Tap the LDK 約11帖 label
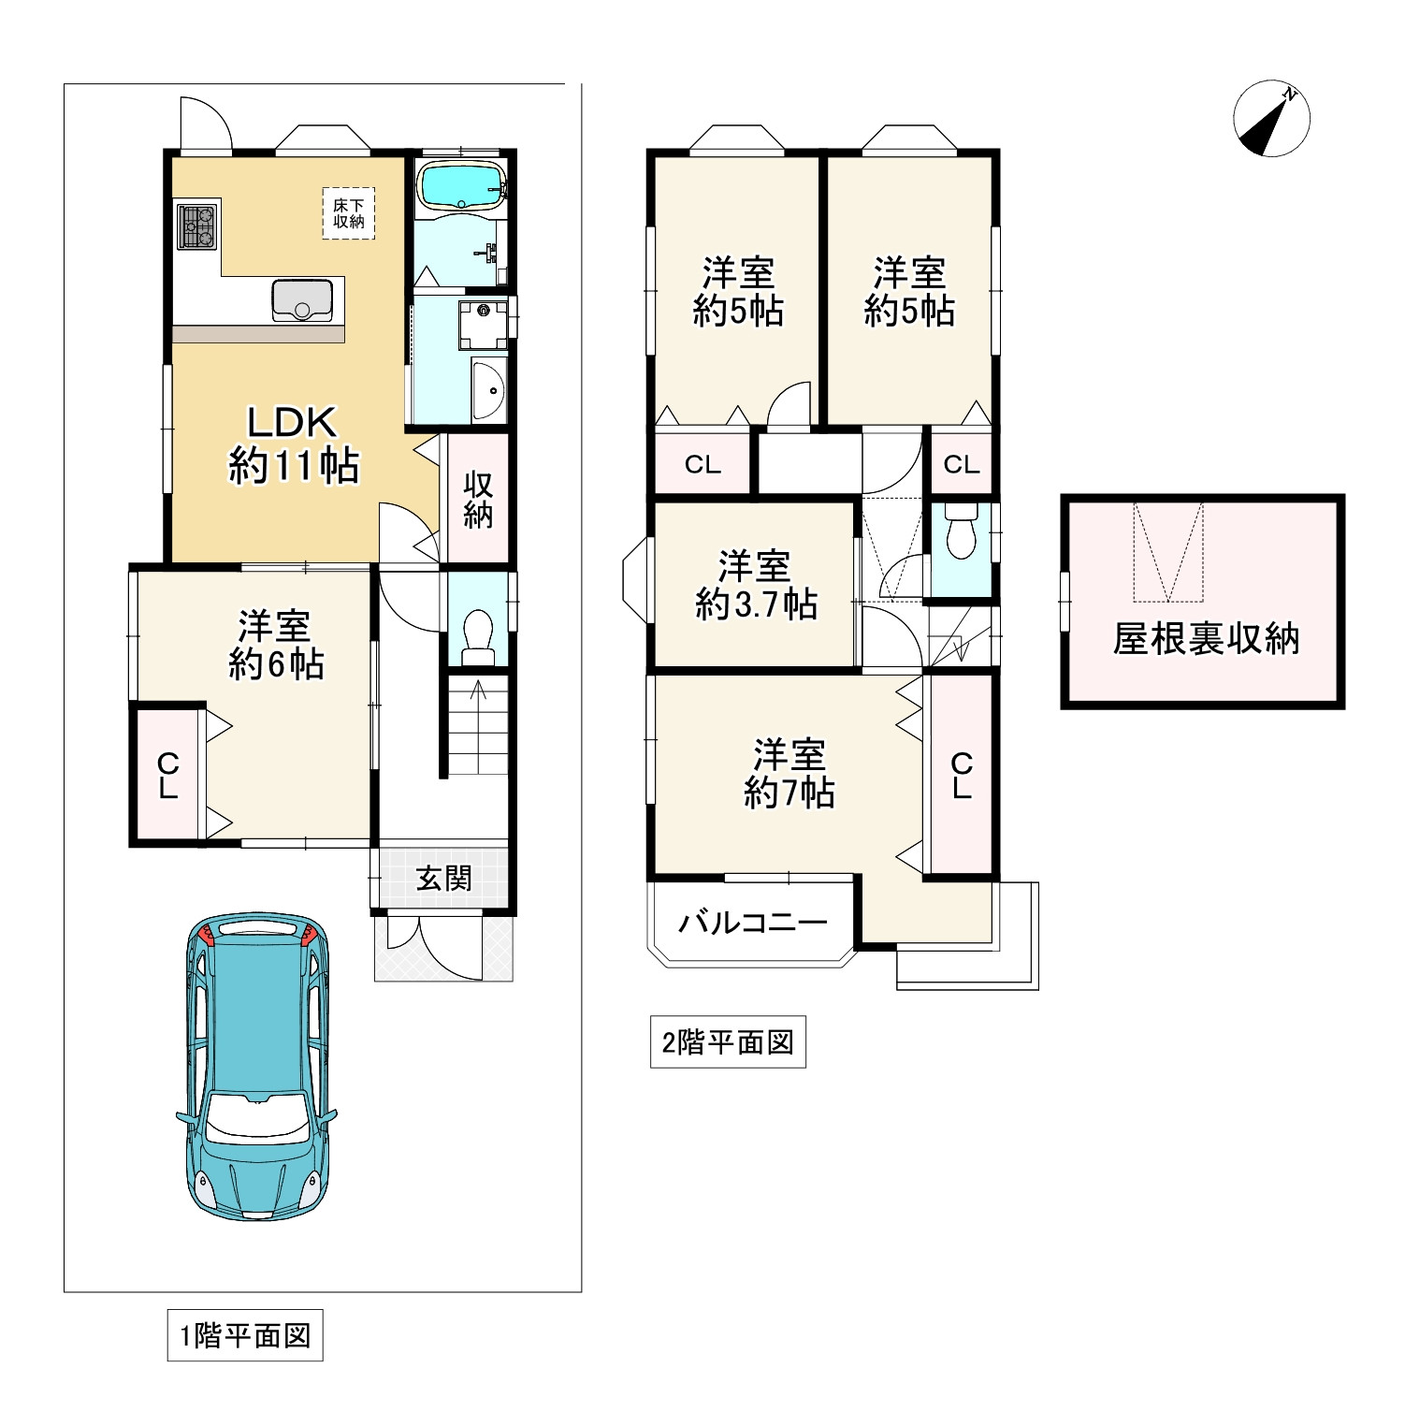(x=292, y=444)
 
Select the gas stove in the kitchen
(x=197, y=226)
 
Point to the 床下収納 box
(x=348, y=213)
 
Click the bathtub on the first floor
(x=462, y=184)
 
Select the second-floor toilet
(x=961, y=532)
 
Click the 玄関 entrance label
(x=443, y=878)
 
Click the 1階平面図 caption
(x=245, y=1335)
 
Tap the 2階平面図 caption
(x=728, y=1042)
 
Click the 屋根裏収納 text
(x=1205, y=639)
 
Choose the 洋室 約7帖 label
(x=789, y=774)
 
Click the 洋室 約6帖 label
(x=276, y=645)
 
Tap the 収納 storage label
(x=478, y=500)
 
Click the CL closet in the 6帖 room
(x=168, y=776)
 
